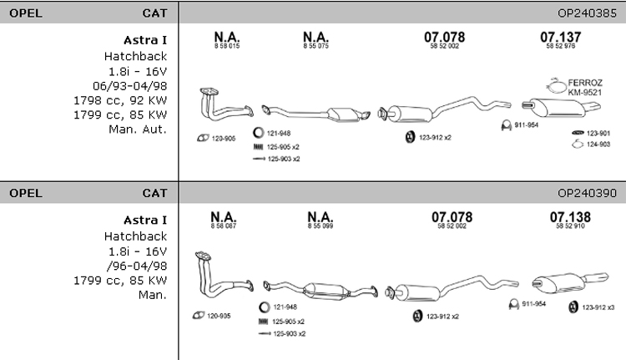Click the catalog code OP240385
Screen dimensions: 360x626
[588, 14]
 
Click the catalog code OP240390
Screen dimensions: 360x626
[588, 193]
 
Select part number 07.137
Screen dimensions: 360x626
[560, 37]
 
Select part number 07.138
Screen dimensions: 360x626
[570, 217]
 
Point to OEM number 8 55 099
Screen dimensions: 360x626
[321, 226]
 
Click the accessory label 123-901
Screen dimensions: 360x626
[598, 133]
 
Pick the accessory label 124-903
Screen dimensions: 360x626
[598, 145]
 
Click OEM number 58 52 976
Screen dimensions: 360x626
[560, 47]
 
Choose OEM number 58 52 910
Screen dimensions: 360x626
[570, 226]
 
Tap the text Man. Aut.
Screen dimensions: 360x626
[138, 129]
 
